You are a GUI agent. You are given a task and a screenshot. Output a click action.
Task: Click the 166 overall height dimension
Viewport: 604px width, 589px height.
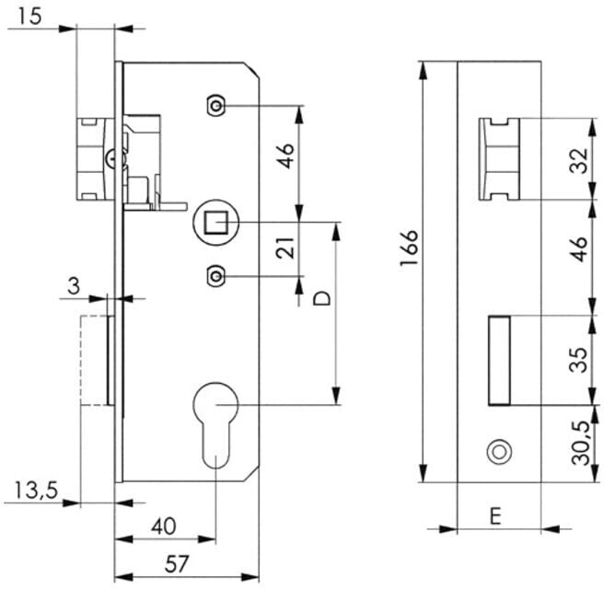point(409,248)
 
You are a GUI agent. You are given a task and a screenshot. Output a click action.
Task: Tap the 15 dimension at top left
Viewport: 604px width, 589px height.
point(29,17)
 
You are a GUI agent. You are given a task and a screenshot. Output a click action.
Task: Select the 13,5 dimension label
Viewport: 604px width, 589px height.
point(36,491)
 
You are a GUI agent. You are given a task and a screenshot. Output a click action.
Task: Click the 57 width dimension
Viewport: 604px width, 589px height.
point(177,564)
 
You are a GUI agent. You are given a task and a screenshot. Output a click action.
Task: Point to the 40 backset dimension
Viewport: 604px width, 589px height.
point(164,526)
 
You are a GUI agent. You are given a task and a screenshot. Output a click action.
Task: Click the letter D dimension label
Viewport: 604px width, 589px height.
point(322,298)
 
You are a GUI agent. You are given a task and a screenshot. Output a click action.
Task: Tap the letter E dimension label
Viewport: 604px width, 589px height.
point(495,516)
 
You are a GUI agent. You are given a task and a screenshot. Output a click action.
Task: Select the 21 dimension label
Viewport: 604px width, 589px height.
point(285,248)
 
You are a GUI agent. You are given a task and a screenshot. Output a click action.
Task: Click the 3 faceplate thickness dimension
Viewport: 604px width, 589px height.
point(73,285)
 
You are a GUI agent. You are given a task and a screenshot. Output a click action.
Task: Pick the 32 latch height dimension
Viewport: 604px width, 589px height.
point(580,160)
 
